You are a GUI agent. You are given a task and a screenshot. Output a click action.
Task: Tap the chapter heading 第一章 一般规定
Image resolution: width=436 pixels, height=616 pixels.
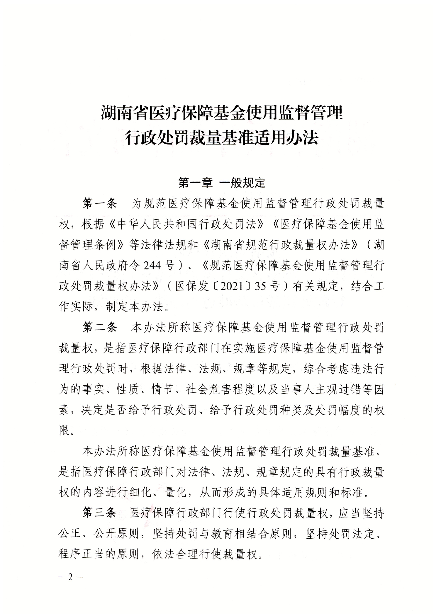pyautogui.click(x=222, y=183)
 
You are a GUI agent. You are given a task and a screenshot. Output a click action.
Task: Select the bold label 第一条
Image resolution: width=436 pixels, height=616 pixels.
pyautogui.click(x=100, y=203)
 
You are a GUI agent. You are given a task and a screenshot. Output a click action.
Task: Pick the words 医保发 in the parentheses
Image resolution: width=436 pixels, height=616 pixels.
pyautogui.click(x=192, y=286)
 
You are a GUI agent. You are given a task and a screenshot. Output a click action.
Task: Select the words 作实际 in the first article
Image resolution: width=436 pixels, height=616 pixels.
pyautogui.click(x=76, y=307)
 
